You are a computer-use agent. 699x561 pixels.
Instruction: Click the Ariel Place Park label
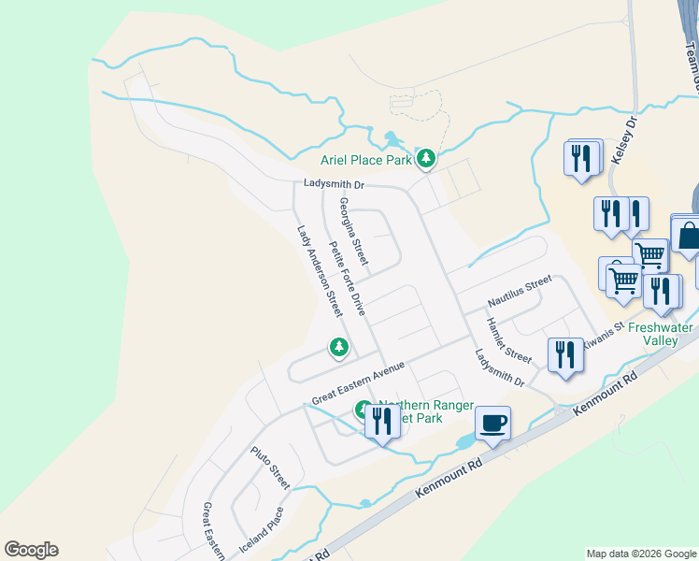point(365,161)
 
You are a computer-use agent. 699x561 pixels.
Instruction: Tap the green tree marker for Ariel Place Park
point(426,159)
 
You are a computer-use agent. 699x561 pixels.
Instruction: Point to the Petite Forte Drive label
point(347,278)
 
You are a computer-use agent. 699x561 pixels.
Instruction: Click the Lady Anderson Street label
point(319,270)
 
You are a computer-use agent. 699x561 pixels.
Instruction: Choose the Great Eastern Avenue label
point(358,382)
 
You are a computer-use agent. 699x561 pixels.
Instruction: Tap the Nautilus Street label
point(520,293)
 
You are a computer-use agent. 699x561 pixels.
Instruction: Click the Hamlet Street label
point(507,340)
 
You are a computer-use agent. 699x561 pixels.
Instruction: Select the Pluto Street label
point(270,467)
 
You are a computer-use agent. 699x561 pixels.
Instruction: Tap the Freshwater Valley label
point(661,334)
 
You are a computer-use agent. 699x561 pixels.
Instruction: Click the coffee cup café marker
point(492,423)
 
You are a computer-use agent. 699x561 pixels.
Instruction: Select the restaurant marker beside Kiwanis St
point(565,355)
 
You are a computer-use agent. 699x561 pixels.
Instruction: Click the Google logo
point(31,550)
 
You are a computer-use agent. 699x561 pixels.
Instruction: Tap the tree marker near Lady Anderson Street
point(338,348)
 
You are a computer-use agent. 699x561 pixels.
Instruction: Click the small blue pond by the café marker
point(464,440)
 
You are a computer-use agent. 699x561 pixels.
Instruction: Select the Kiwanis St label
point(603,342)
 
